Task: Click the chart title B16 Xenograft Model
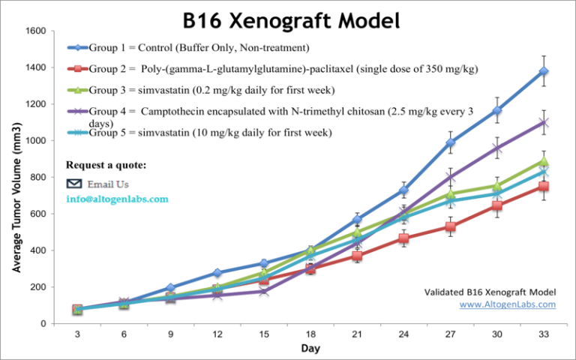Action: [289, 20]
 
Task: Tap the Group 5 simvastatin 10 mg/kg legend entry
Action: [202, 133]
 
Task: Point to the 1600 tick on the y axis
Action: [35, 31]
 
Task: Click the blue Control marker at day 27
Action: [450, 142]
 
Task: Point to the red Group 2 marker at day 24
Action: [403, 238]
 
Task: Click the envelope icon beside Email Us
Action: [73, 184]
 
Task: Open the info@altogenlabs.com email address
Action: [117, 199]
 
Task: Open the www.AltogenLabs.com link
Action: [508, 304]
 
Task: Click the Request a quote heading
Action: [106, 164]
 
